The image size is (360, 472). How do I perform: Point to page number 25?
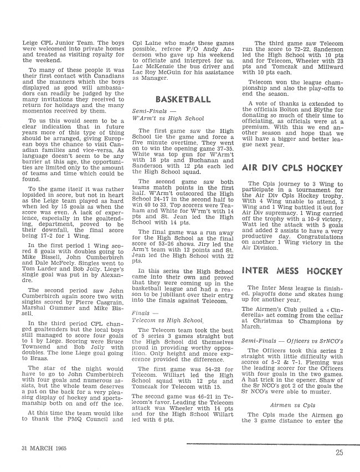point(339,452)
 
